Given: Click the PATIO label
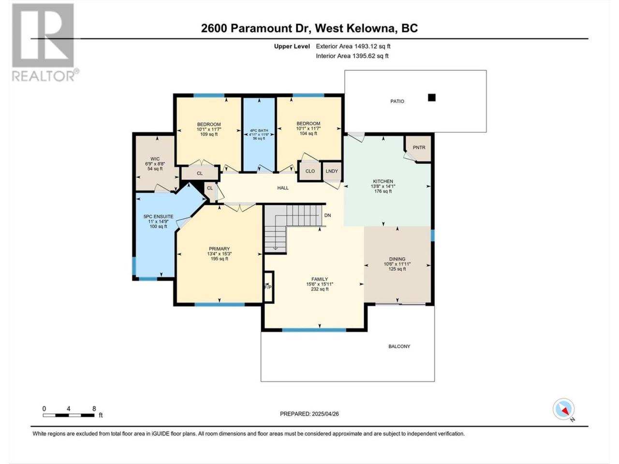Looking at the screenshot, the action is [397, 101].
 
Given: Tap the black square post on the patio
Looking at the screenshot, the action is [431, 98].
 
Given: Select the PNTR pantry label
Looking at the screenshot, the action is [419, 147].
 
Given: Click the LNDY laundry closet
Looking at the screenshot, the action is [332, 171].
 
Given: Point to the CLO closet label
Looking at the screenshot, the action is [310, 171].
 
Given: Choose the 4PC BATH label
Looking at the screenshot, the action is [259, 130].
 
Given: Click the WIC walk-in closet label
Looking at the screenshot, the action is [155, 159].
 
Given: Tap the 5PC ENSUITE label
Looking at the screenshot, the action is [158, 217].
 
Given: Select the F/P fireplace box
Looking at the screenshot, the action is [268, 287].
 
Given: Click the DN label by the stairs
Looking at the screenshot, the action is [327, 215].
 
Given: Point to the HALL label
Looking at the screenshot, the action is [282, 188].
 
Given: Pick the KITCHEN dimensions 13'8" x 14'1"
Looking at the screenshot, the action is [383, 186].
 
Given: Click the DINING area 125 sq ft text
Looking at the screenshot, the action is [397, 269].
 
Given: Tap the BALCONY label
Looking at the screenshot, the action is [399, 346].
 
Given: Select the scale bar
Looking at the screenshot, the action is [69, 415].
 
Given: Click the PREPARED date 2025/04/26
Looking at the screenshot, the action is [325, 414].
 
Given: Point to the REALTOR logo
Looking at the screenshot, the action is [45, 42].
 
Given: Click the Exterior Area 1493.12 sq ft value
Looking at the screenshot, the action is [353, 46].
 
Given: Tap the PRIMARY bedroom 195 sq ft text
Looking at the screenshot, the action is [220, 259].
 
